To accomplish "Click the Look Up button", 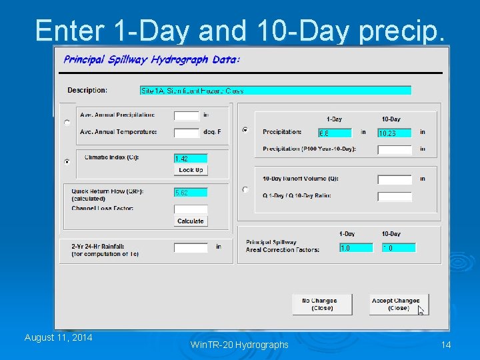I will [191, 170].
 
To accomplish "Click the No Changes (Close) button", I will [319, 304].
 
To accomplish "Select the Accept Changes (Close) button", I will [399, 304].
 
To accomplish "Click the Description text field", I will [275, 90].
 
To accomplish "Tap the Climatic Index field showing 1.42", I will [191, 159].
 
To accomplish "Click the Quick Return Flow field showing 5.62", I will [191, 192].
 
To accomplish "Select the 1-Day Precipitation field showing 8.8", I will [335, 133].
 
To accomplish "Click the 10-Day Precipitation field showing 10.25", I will [395, 133].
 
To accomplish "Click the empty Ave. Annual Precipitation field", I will [187, 115].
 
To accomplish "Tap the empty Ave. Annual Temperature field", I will [187, 133].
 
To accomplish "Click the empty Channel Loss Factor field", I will [191, 209].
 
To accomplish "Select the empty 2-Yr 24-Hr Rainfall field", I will [191, 247].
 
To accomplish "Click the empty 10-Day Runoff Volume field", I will [395, 179].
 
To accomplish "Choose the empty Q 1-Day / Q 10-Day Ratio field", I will [395, 197].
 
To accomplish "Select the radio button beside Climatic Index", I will [67, 161].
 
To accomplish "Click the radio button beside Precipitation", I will [245, 130].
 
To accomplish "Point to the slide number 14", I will [446, 344].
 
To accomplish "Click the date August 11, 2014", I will [58, 337].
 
